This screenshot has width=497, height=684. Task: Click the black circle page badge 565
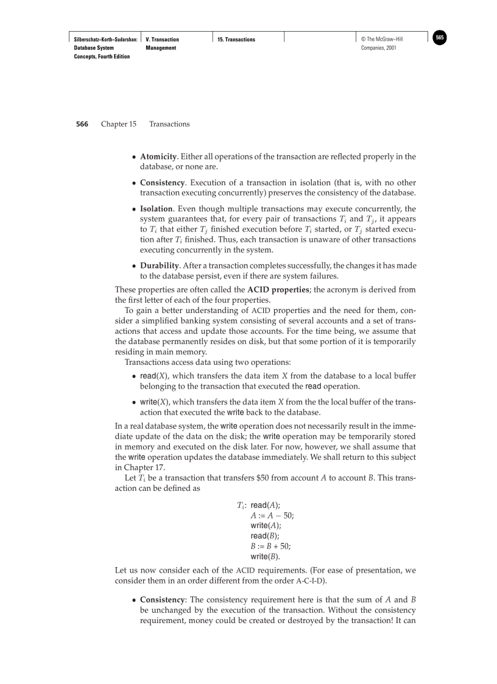tap(440, 38)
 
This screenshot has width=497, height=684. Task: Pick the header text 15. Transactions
tap(236, 40)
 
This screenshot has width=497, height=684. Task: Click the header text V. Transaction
tap(163, 40)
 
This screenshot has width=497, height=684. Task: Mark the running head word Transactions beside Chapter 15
tap(169, 124)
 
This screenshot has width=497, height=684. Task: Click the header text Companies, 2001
tap(379, 48)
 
